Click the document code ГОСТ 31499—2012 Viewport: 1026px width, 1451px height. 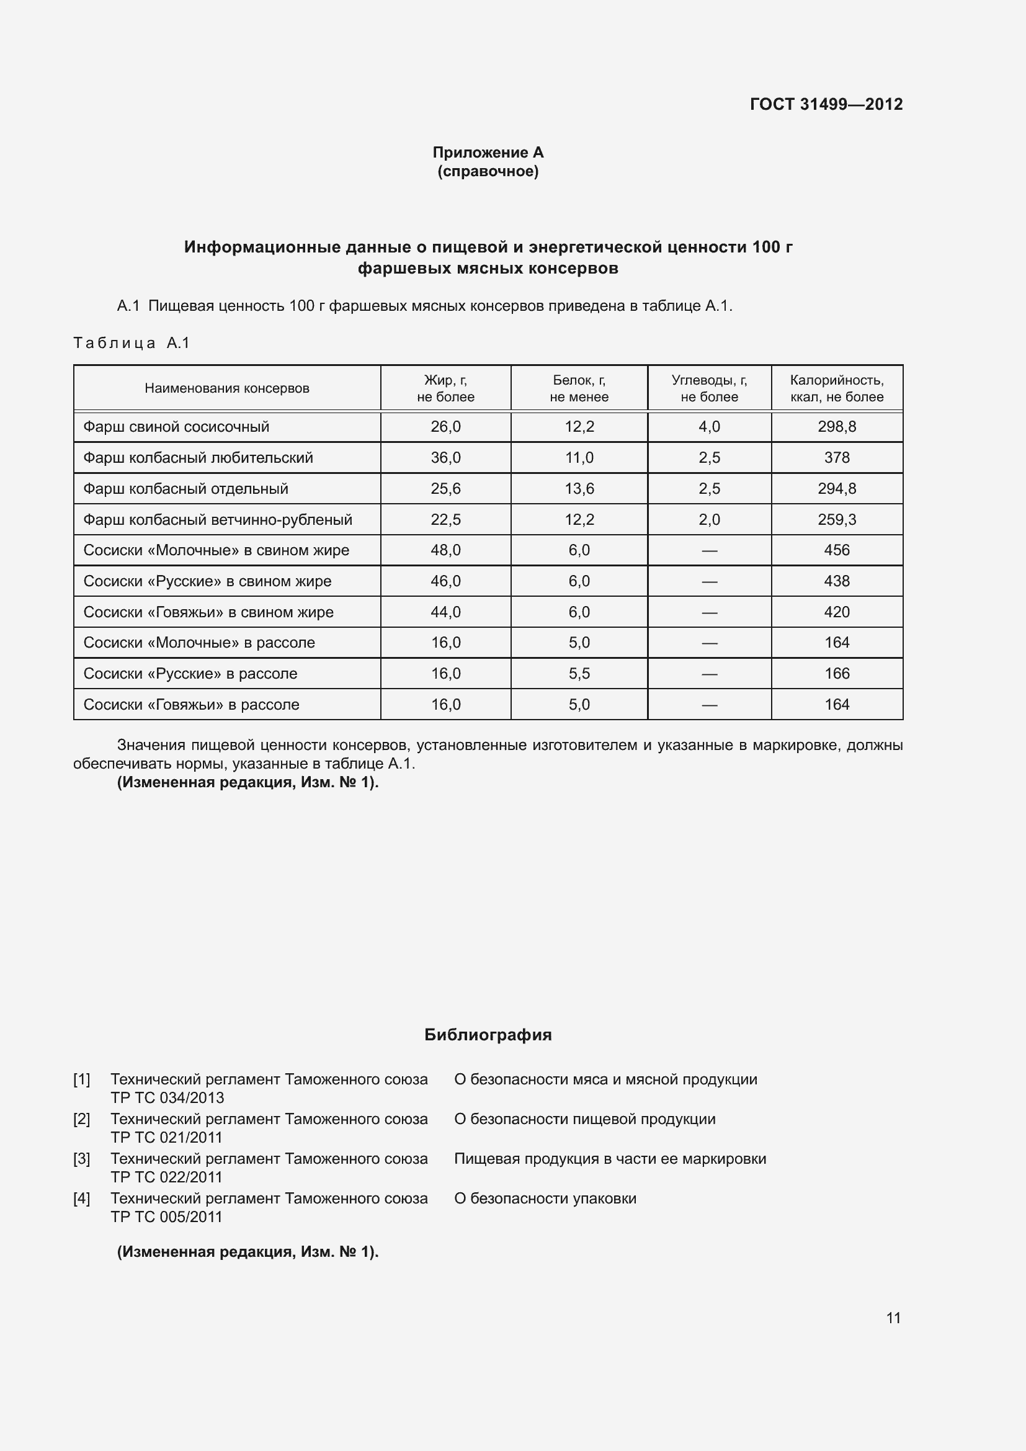(826, 104)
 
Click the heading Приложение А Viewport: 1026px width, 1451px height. (488, 153)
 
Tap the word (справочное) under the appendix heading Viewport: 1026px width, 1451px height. (488, 171)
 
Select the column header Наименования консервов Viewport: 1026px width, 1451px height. (227, 388)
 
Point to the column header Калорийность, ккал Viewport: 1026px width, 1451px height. (836, 388)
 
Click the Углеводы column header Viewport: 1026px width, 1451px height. (709, 388)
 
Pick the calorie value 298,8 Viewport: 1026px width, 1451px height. (836, 427)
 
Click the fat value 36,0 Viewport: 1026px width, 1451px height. (445, 458)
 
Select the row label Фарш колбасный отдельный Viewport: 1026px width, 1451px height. (185, 488)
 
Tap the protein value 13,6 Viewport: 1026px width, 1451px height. (579, 488)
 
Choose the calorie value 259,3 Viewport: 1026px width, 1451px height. (836, 519)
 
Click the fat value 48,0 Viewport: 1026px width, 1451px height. (445, 550)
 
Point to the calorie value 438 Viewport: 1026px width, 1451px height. (836, 581)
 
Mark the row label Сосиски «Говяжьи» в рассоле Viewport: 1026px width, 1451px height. (191, 704)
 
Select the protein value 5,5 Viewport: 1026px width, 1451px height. (579, 673)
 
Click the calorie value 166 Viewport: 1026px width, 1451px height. (836, 673)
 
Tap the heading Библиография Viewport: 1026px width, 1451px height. (488, 1035)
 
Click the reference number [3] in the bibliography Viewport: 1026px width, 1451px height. (81, 1158)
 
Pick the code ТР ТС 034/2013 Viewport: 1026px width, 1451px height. (167, 1098)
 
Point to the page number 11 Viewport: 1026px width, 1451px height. (893, 1318)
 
